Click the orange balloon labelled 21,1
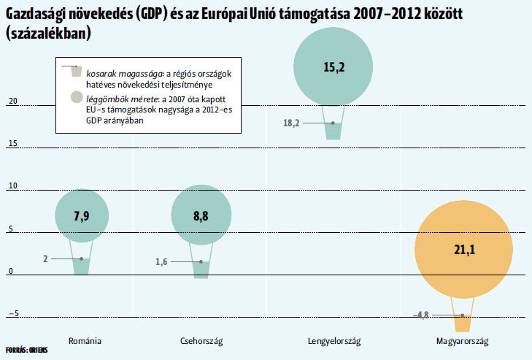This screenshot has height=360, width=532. point(463,249)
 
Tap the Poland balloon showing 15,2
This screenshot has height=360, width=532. point(334,66)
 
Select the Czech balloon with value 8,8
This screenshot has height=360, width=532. point(201,215)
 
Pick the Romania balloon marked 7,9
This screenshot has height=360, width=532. point(82,215)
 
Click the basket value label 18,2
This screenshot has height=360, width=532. point(291,123)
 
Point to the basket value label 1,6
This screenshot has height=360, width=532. point(161,262)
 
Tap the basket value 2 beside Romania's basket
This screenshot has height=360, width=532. point(45,258)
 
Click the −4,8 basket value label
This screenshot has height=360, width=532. point(421,315)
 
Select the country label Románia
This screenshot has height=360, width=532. point(85,340)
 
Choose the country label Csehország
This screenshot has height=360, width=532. point(201,341)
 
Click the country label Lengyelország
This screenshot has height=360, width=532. point(334,341)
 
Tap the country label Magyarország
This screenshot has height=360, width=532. point(462,341)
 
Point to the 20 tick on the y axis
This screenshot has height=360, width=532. point(13,101)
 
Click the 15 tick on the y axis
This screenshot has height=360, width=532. point(13,143)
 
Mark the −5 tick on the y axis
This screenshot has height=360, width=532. point(14,313)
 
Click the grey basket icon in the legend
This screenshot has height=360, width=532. point(77,72)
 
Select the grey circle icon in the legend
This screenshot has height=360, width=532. point(77,97)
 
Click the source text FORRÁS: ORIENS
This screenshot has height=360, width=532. point(27,350)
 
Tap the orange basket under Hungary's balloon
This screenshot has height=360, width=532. point(463,323)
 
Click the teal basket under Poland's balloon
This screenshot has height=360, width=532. point(334,131)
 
